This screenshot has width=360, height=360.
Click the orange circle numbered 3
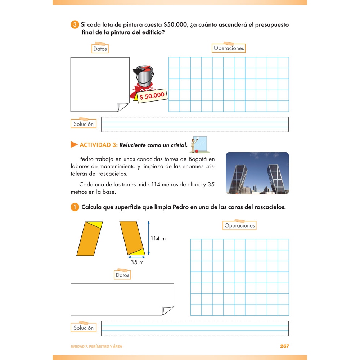(x=75, y=25)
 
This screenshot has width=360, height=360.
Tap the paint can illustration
(x=144, y=76)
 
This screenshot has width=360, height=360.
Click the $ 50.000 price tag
(x=152, y=96)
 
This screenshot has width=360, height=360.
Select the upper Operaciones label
(x=229, y=48)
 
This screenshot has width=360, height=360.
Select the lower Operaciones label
(x=239, y=225)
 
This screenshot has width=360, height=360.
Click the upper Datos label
(x=100, y=49)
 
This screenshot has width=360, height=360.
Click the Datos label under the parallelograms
(x=122, y=275)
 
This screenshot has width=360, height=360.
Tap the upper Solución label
(x=84, y=124)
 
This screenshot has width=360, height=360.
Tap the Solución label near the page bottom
(x=84, y=328)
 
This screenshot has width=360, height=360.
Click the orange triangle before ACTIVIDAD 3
(x=74, y=145)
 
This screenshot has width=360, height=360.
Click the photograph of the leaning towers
(x=257, y=173)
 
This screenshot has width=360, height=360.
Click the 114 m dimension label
(x=158, y=239)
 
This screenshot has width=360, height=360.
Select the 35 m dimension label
(x=137, y=262)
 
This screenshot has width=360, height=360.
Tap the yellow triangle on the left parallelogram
(x=96, y=225)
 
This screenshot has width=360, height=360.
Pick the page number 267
(x=284, y=346)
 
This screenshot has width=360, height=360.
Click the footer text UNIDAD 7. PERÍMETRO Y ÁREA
(x=96, y=346)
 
